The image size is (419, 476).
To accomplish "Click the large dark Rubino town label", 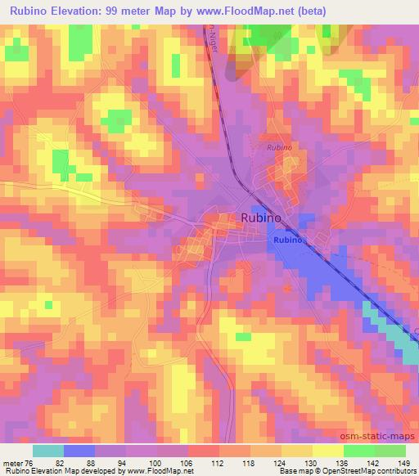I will coord(261,218).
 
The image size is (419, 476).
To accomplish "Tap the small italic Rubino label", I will coord(278,148).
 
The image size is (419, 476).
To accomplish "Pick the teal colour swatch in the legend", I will coord(49,451).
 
